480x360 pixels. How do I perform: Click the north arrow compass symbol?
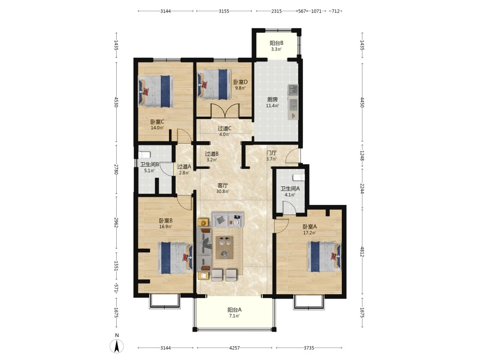click(117, 346)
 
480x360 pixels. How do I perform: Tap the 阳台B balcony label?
click(276, 43)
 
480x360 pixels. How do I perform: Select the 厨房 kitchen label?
click(273, 99)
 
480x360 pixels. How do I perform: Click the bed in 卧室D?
click(214, 84)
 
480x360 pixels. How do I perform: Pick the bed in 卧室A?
click(324, 256)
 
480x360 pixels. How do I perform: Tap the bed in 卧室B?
click(175, 258)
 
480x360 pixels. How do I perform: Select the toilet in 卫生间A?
click(299, 177)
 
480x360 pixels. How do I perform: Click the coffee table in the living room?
click(224, 247)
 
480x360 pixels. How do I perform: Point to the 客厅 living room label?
click(223, 185)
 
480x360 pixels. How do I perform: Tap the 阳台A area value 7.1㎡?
click(234, 316)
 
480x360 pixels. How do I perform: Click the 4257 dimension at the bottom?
click(235, 348)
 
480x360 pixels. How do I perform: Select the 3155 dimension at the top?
click(224, 11)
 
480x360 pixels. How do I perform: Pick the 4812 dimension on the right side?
click(362, 252)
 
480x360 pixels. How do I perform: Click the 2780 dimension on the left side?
click(116, 169)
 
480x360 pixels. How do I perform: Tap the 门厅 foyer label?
click(272, 153)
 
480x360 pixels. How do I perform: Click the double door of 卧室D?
click(225, 110)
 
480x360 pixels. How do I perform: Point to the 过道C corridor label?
click(224, 129)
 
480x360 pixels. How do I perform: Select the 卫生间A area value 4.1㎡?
click(290, 195)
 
